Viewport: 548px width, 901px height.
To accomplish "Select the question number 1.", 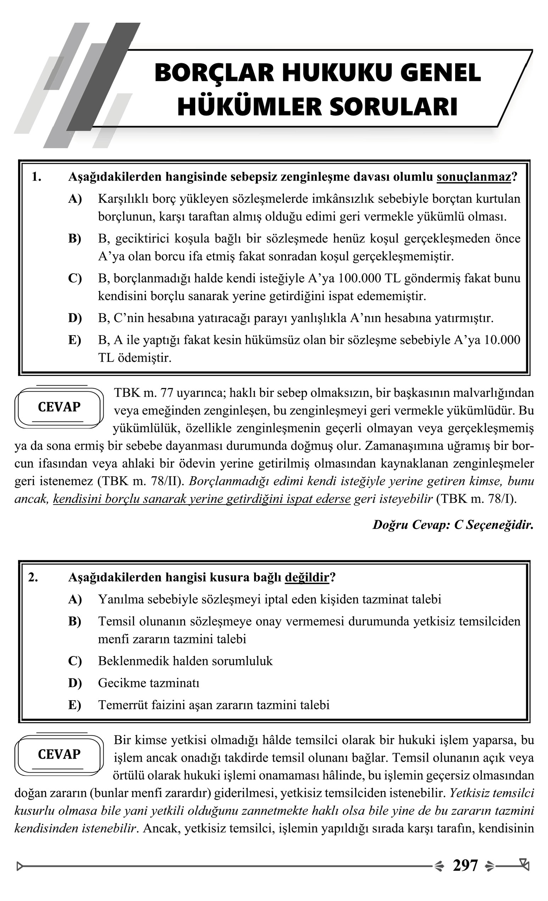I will (36, 177).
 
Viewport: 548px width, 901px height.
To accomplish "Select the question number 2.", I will (33, 577).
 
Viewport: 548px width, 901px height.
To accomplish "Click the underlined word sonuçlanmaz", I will (474, 177).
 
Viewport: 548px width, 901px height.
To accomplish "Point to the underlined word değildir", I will (307, 577).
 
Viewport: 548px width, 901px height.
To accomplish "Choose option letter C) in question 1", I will (75, 278).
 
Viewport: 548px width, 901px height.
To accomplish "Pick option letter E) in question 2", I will (75, 705).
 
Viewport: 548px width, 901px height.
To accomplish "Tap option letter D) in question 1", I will (75, 318).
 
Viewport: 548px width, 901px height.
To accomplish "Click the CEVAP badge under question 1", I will (59, 407).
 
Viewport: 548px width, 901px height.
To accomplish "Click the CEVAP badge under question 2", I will (59, 754).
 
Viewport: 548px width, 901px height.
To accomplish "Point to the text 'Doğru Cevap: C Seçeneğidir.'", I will (453, 525).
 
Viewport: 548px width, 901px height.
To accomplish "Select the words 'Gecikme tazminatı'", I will (149, 683).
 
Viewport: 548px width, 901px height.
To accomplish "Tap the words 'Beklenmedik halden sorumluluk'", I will (185, 661).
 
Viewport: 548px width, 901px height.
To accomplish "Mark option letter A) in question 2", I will (75, 599).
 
